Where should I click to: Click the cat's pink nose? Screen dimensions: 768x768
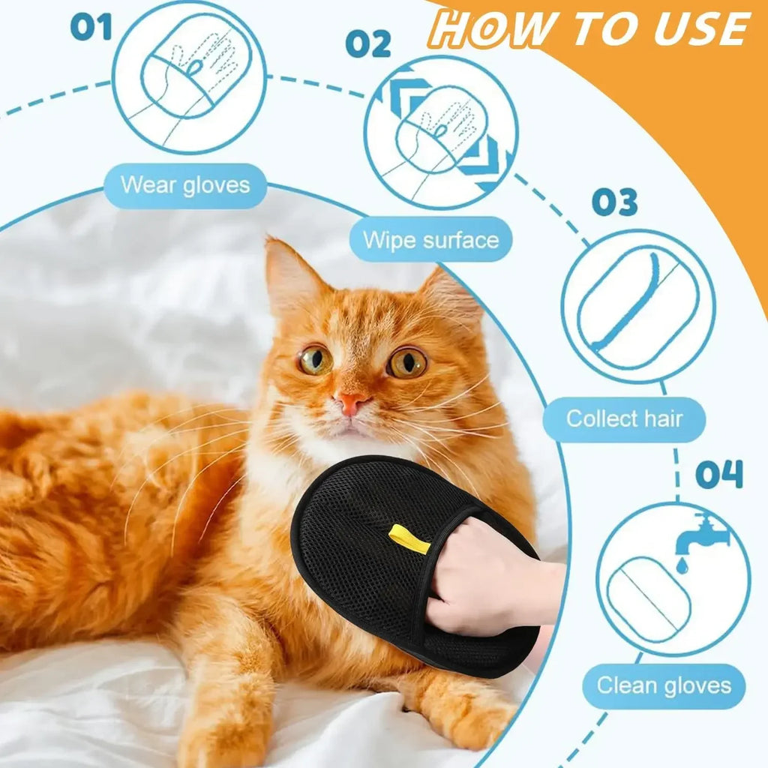350,403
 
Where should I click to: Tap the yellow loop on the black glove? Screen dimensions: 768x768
409,539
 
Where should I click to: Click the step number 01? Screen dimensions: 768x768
91,27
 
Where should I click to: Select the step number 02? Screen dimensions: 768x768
367,44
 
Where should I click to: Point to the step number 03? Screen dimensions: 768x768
614,202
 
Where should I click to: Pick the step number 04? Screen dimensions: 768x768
718,474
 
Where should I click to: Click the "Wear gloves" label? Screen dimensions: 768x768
184,184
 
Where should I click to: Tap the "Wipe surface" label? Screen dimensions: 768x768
430,240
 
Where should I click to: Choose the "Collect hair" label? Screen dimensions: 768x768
624,418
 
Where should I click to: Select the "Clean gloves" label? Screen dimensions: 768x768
663,685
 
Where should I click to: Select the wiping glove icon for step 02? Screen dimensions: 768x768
441,133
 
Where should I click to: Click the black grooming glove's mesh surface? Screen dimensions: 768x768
352,555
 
